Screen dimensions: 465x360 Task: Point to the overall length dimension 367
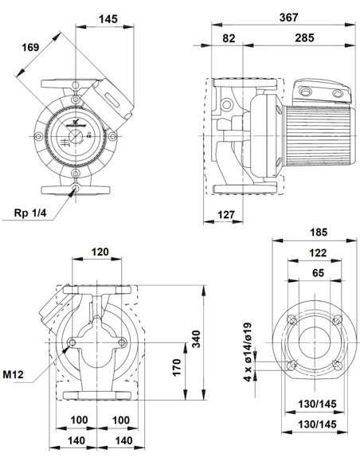[x=277, y=17]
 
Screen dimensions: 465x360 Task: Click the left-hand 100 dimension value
[x=79, y=420]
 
